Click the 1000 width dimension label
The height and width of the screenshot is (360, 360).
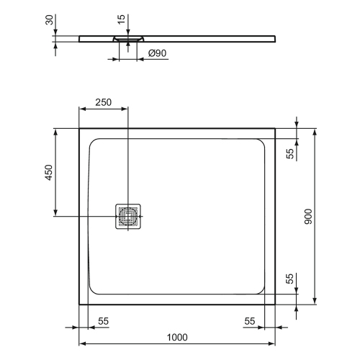[177, 337]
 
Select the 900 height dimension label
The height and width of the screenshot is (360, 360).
[308, 217]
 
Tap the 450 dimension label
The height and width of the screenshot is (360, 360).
[48, 172]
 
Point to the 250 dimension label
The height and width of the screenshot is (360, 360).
[104, 102]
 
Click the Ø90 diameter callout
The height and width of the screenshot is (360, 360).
[157, 53]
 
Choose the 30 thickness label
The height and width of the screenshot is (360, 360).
[49, 20]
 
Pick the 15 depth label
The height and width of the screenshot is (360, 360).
[122, 19]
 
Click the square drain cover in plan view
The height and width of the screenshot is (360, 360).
[128, 216]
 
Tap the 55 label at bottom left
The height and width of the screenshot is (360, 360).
[104, 321]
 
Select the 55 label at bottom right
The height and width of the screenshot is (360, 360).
[250, 321]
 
